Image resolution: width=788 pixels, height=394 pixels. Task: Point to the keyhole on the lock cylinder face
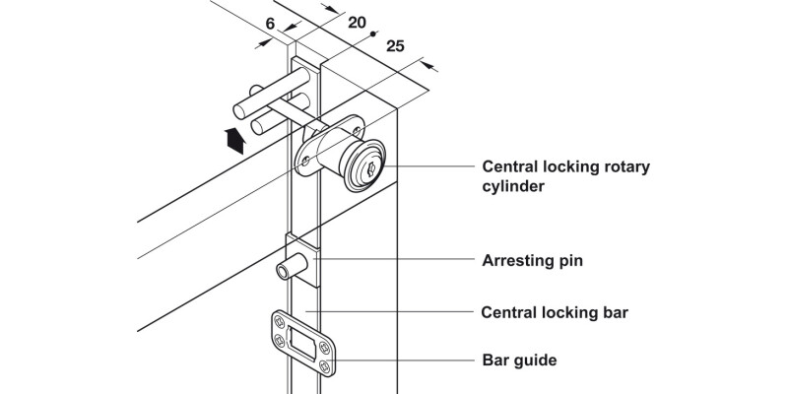point(369,170)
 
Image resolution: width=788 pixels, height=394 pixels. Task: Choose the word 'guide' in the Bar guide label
point(534,361)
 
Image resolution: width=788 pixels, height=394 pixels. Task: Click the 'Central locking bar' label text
point(554,313)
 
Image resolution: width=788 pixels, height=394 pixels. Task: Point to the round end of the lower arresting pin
point(282,271)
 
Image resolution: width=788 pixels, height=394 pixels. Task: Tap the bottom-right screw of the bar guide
point(326,367)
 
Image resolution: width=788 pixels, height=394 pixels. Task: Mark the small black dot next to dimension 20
point(373,34)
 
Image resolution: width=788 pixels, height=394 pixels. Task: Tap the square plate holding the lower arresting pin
point(301,259)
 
